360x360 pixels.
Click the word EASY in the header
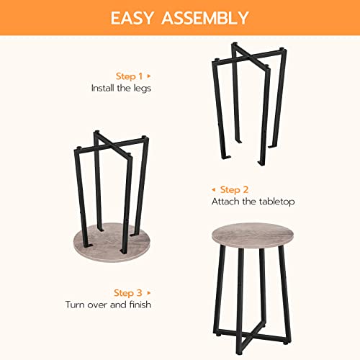[x=137, y=17]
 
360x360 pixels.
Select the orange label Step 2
[x=234, y=189]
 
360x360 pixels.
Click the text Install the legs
[x=122, y=88]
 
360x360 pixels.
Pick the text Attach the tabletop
[x=253, y=202]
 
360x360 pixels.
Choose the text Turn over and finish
[x=108, y=305]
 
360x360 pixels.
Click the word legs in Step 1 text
[x=143, y=88]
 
